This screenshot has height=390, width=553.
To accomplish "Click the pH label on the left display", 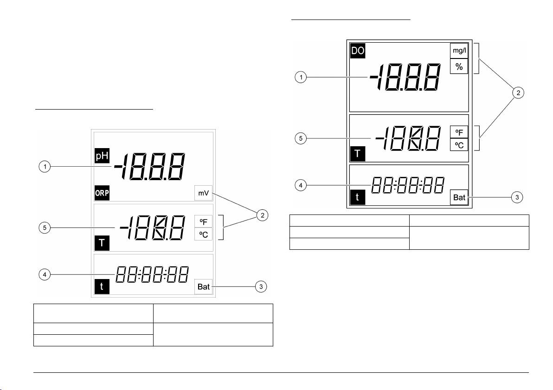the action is tap(102, 156).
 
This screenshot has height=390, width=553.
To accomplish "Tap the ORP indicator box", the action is tap(102, 193).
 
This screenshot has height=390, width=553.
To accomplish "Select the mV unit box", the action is tap(204, 193).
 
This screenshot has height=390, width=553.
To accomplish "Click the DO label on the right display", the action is tap(358, 51).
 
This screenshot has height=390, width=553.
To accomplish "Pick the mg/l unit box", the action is tap(459, 51).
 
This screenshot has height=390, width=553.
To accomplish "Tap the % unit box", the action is tap(459, 66).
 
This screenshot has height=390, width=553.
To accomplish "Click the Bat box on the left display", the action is tap(204, 286).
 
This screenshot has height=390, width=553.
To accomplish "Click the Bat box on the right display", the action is tap(459, 197).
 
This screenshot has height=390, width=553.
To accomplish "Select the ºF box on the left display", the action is tap(204, 221).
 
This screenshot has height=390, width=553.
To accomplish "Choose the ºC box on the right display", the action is tap(459, 145).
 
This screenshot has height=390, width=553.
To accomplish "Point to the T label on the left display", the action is tap(102, 243).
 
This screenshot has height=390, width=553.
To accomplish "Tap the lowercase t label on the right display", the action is tap(358, 197).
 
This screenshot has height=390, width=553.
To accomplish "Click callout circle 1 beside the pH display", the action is tap(45, 166).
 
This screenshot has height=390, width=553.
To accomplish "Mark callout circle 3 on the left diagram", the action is tap(261, 286).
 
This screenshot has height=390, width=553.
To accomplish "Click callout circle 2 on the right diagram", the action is tap(518, 93).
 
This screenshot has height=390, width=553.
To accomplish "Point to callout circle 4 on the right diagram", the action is tap(301, 185).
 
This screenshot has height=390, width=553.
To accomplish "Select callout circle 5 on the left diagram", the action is tap(45, 227).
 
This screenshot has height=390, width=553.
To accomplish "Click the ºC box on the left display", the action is tap(204, 234).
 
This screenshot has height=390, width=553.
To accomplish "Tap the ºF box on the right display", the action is tap(459, 132).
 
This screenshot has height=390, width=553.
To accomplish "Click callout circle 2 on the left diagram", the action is tap(262, 215).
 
